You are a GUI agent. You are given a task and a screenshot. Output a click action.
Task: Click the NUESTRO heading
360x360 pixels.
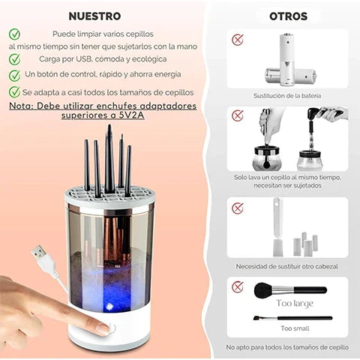point(94,16)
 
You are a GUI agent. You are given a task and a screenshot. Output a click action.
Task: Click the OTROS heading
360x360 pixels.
point(288,16)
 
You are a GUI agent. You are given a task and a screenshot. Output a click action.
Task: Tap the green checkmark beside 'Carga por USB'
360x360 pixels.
point(14,58)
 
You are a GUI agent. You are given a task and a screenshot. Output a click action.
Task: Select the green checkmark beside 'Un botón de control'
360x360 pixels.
point(14,75)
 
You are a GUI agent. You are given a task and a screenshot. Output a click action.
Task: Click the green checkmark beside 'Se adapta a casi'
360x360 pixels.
point(14,91)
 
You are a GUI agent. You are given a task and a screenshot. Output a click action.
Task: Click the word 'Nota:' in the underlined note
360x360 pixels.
point(26,106)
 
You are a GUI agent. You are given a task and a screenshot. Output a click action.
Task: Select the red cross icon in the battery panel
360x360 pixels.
point(238,40)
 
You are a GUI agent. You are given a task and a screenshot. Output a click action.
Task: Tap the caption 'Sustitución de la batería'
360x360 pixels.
point(287,95)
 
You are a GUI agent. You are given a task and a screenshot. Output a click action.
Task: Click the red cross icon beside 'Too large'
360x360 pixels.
point(238,286)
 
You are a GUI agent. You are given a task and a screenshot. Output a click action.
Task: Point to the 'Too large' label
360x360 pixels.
point(294,303)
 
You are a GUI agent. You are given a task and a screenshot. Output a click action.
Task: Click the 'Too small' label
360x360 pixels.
point(293,328)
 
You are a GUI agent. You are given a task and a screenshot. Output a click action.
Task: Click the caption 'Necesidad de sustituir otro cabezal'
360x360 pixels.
point(287,266)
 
